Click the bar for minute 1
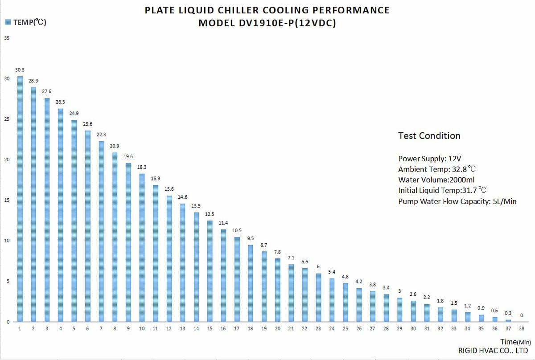click(20, 199)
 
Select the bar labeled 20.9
click(115, 237)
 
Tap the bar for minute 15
click(210, 270)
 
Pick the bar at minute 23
click(318, 297)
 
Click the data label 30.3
click(20, 70)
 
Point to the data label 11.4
click(223, 223)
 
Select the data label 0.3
click(508, 313)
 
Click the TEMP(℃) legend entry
click(25, 22)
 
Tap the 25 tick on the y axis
click(6, 119)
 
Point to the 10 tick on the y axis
click(6, 241)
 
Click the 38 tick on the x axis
click(522, 329)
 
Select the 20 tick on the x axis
click(277, 329)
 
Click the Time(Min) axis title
click(515, 342)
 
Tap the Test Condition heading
click(429, 136)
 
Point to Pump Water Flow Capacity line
click(457, 201)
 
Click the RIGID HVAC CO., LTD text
click(493, 351)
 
